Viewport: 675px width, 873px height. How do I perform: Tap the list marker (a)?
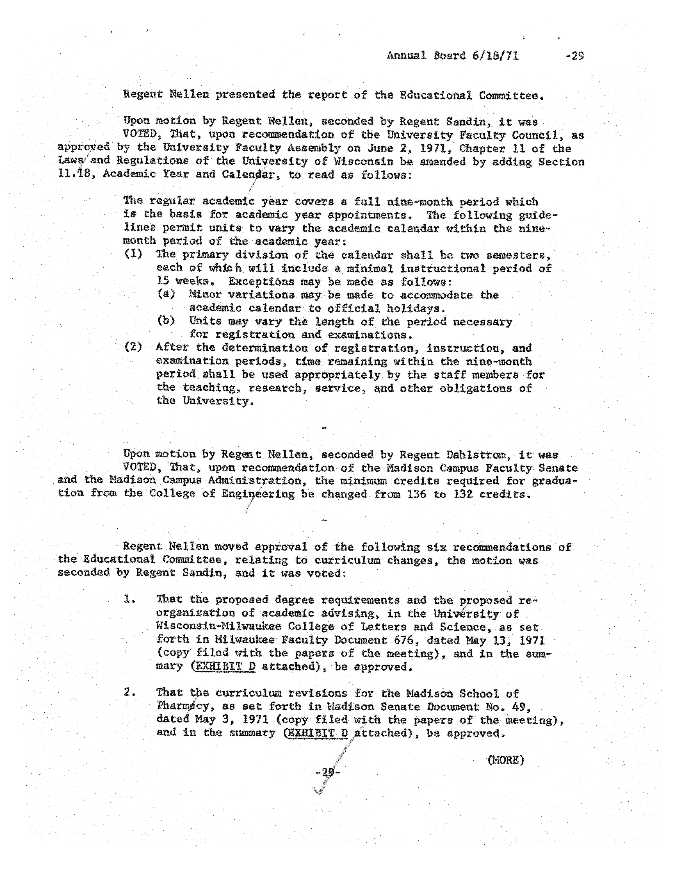166,295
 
